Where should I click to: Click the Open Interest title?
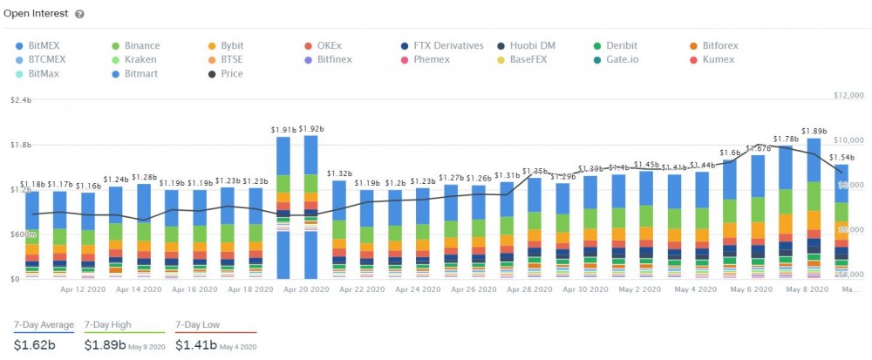pyautogui.click(x=36, y=14)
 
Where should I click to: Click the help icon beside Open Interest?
pyautogui.click(x=79, y=14)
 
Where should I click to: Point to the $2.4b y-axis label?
pyautogui.click(x=21, y=100)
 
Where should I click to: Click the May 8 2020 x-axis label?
pyautogui.click(x=807, y=288)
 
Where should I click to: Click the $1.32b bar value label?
pyautogui.click(x=339, y=173)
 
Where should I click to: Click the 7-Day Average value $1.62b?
pyautogui.click(x=34, y=344)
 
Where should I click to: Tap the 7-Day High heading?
pyautogui.click(x=107, y=324)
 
